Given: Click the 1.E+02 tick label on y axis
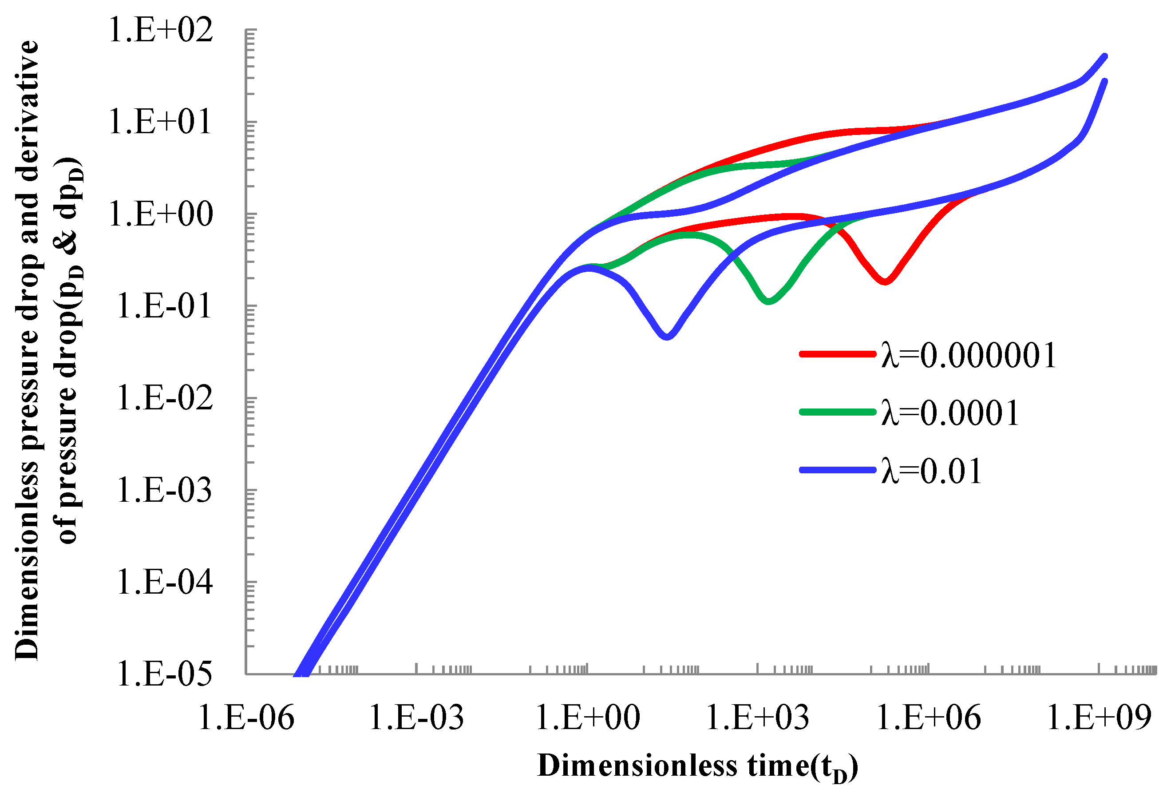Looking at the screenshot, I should coord(161,30).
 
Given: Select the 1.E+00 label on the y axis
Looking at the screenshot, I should coord(161,214).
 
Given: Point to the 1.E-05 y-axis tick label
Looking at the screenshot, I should coord(164,674).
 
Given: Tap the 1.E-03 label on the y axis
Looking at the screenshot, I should coord(164,490).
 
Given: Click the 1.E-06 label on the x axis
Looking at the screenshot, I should coord(246,718).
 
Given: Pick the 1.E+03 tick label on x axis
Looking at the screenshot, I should coord(757,718).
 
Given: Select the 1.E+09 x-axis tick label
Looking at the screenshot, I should coord(1099,718).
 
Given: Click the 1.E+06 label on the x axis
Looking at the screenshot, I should coord(928,718).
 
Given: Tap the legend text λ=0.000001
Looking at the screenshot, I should coord(968,355).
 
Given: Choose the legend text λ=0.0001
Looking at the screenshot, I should coord(950,412).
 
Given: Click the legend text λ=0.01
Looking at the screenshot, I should coord(931,471).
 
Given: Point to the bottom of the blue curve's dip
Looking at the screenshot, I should coord(667,336).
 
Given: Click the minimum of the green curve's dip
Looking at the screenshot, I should coord(768,301).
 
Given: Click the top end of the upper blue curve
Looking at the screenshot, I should coord(1105,56).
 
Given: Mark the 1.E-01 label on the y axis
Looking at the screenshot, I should coord(164,306).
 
